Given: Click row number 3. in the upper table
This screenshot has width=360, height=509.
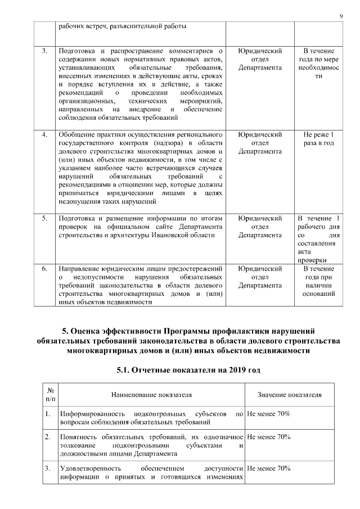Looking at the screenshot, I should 44,52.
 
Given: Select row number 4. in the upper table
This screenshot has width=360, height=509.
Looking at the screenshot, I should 44,135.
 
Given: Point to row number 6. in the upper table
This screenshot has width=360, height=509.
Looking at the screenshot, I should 44,269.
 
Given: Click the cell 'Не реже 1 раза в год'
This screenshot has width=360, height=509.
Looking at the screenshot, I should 318,139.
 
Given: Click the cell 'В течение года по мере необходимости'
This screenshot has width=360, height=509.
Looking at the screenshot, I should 318,64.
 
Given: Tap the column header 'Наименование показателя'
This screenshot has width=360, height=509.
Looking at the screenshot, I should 151,395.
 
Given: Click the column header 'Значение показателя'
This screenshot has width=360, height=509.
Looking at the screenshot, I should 289,395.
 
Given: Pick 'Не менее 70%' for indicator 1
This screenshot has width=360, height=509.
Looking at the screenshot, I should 268,413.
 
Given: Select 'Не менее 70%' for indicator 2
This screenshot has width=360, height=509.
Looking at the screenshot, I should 268,436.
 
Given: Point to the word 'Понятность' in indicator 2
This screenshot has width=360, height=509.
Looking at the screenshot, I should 78,436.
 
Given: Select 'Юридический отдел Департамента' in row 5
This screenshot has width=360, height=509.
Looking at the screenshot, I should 259,227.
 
